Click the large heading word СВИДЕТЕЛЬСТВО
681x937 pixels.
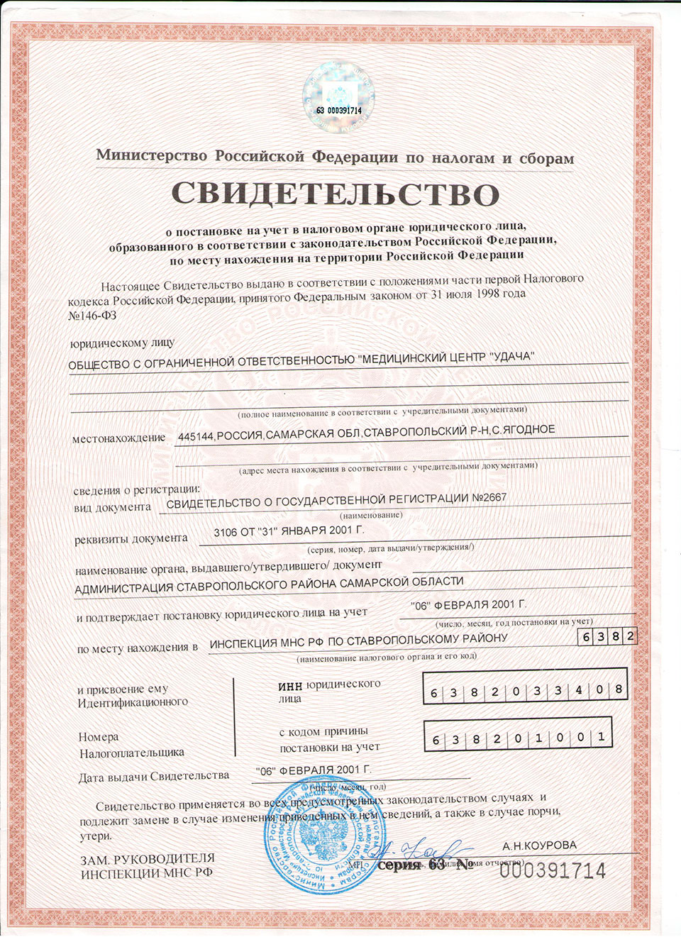point(336,194)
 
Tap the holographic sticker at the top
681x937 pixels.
point(338,99)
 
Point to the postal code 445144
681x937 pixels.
point(196,436)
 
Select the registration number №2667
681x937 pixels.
point(489,498)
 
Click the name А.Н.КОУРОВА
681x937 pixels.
point(539,845)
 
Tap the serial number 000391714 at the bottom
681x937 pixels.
point(553,870)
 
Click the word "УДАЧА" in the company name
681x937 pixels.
point(511,356)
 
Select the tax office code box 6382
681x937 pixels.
point(607,636)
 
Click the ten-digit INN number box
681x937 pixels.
point(526,690)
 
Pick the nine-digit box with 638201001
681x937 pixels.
point(517,738)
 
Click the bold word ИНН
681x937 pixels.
point(290,686)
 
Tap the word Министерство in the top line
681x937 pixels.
point(152,155)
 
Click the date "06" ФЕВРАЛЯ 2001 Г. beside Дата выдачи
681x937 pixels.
point(314,770)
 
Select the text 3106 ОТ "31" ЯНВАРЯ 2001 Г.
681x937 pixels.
point(289,531)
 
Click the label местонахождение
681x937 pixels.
point(118,438)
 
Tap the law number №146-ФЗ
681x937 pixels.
point(92,315)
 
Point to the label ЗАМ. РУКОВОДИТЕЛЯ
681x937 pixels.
point(147,860)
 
